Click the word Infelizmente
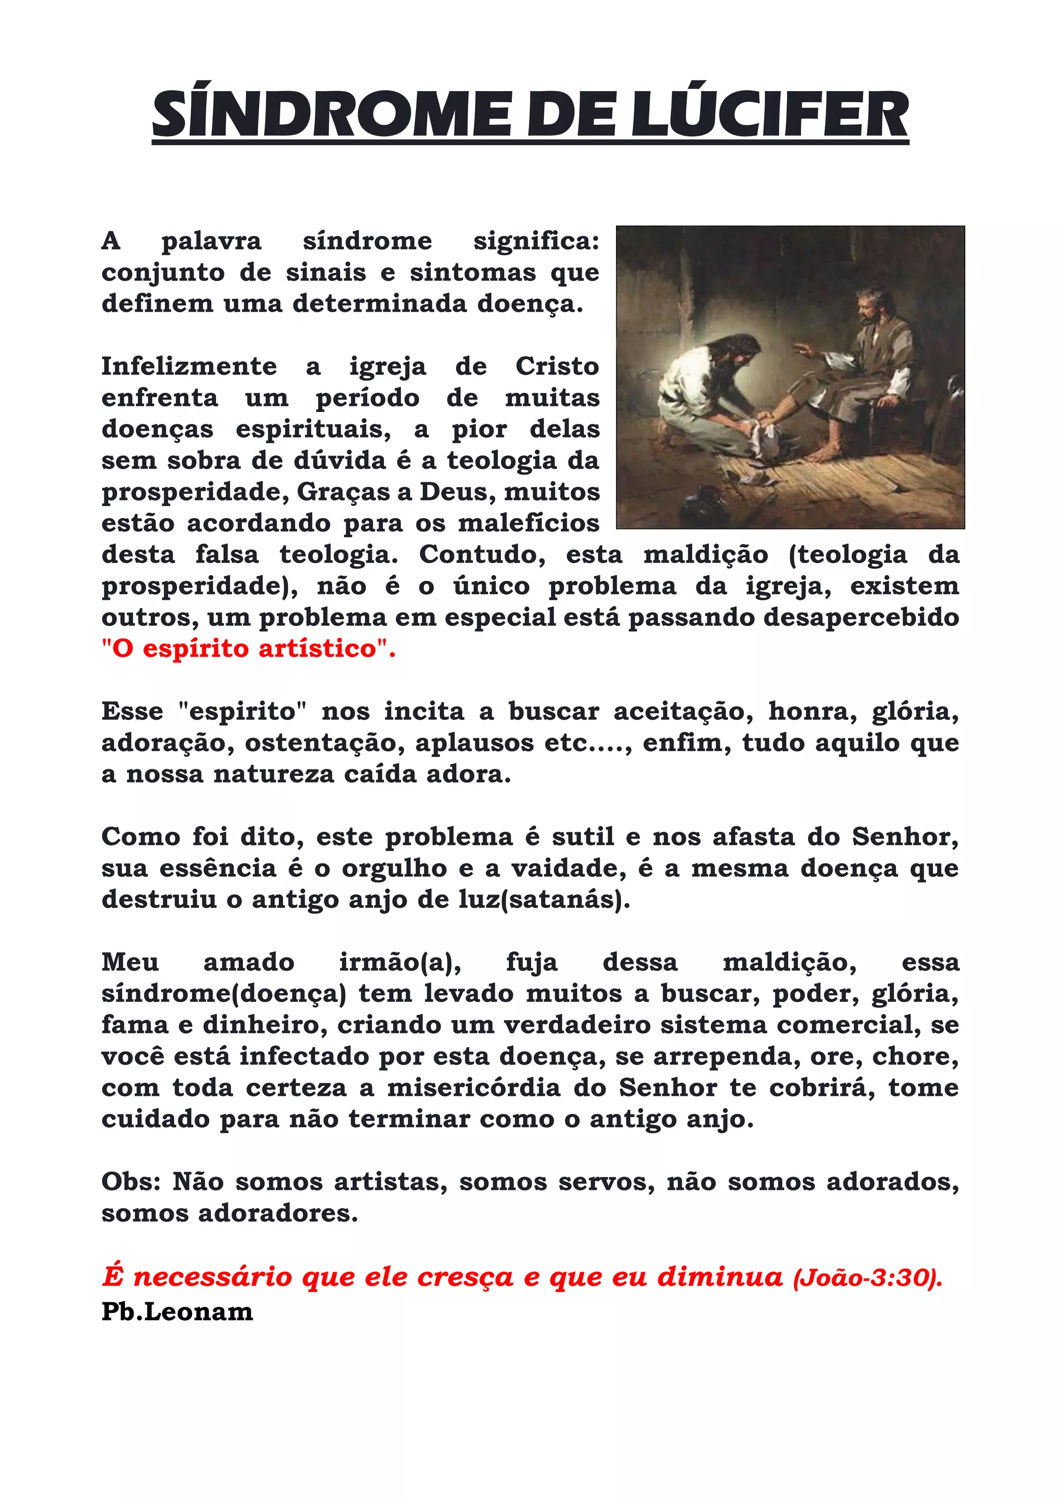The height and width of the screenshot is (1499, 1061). pyautogui.click(x=189, y=366)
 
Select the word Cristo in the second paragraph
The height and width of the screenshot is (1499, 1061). pyautogui.click(x=556, y=366)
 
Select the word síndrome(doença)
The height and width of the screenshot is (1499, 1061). pyautogui.click(x=223, y=994)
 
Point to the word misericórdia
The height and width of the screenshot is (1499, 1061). pyautogui.click(x=474, y=1087)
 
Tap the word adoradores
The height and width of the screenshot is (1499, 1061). pyautogui.click(x=278, y=1213)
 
